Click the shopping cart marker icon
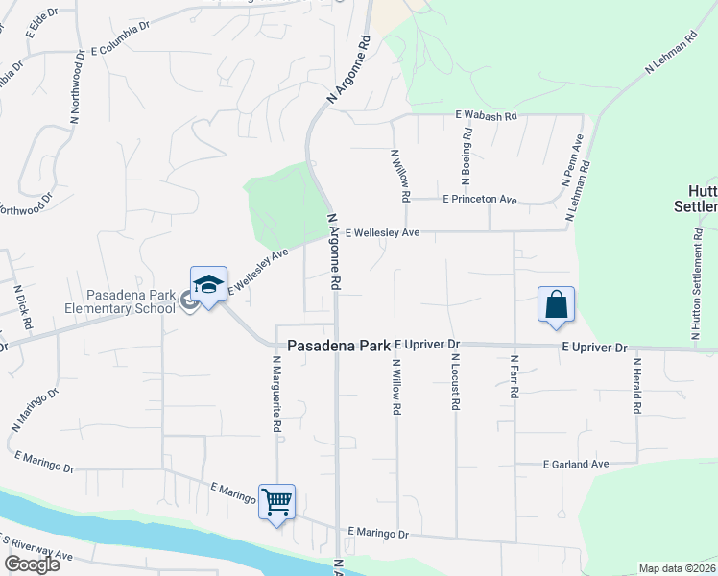click(x=276, y=500)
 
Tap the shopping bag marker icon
click(x=556, y=304)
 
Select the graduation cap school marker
click(x=208, y=283)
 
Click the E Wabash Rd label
click(x=486, y=115)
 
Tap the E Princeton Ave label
click(x=479, y=200)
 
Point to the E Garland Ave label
click(x=576, y=465)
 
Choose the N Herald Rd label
click(x=636, y=387)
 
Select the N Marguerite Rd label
click(x=276, y=393)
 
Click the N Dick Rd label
click(x=23, y=306)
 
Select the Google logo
click(x=31, y=564)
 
